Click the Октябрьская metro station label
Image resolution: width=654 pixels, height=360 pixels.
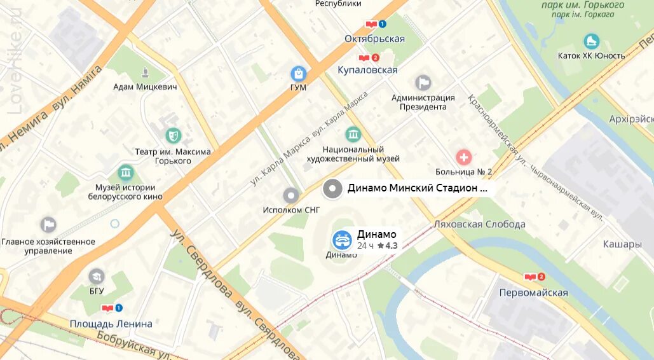(374, 39)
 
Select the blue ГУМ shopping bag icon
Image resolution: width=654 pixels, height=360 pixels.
(298, 74)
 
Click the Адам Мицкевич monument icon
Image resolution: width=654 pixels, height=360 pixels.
(146, 72)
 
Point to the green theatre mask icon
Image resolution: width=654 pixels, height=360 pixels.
(172, 135)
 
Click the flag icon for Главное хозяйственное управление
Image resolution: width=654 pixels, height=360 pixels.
(48, 225)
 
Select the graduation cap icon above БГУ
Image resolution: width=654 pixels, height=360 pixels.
(97, 276)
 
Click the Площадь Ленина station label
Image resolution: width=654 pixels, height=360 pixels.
(111, 323)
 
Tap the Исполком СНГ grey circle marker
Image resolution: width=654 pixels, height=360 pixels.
(291, 195)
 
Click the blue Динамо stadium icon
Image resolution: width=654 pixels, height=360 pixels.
(342, 240)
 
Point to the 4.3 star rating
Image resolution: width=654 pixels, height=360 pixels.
(387, 246)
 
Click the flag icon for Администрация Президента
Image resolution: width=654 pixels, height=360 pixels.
(423, 83)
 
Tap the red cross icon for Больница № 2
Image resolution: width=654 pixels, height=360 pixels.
(463, 156)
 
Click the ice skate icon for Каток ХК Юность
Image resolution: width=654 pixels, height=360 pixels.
(591, 41)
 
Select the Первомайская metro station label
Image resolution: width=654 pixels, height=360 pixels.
(533, 293)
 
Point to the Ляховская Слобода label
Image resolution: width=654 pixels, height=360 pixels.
(479, 224)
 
